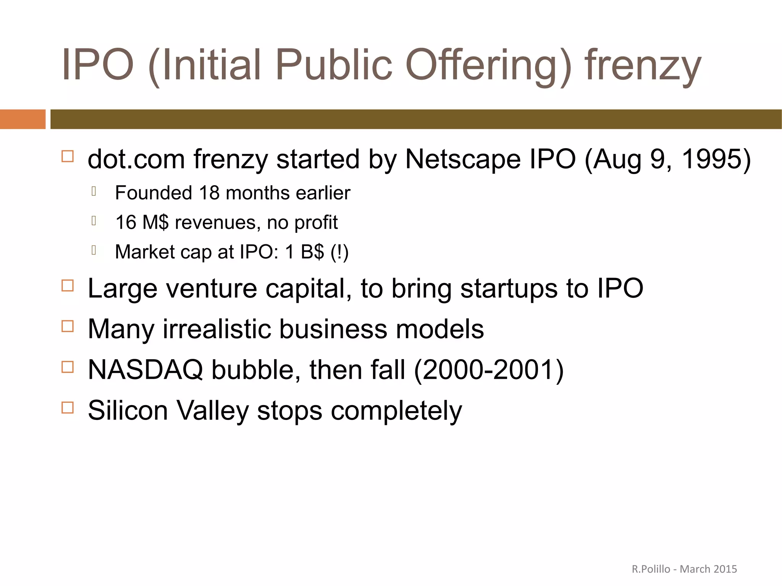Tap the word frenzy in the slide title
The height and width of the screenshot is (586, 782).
tap(643, 66)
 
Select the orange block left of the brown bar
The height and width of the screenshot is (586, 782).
tap(23, 119)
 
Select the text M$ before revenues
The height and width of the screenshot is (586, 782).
tap(155, 222)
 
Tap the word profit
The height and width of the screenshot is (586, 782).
tap(316, 223)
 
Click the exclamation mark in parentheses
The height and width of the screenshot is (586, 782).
tap(339, 252)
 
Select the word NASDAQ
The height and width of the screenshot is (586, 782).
tap(145, 370)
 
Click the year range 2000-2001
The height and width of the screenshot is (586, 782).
tap(489, 370)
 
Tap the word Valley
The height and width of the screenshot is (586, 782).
tap(212, 411)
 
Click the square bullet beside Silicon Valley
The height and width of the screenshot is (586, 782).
tap(68, 407)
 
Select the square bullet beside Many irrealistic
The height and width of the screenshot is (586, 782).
tap(68, 326)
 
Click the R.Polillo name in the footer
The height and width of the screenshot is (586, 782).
tap(651, 569)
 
